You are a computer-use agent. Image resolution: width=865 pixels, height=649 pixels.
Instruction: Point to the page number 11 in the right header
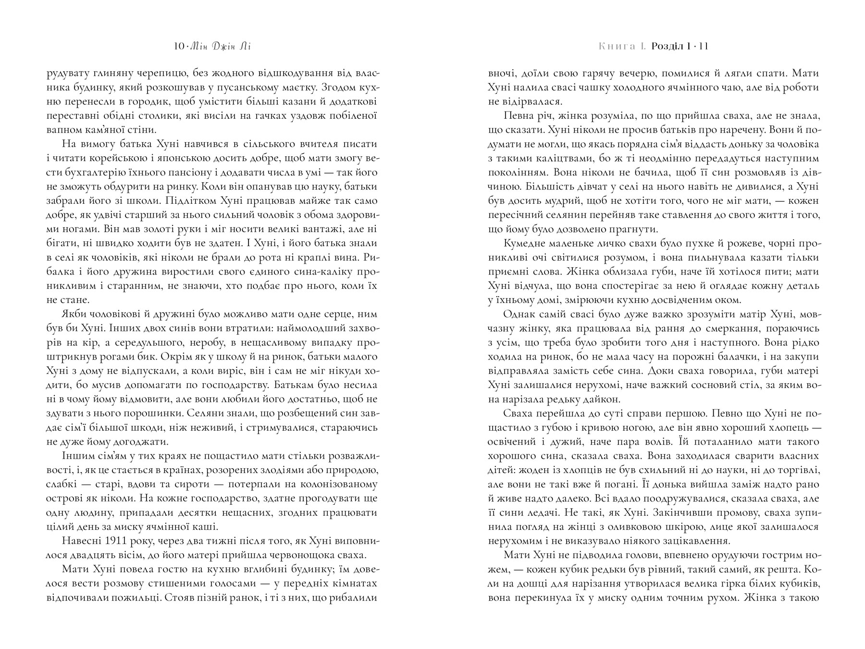704,47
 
